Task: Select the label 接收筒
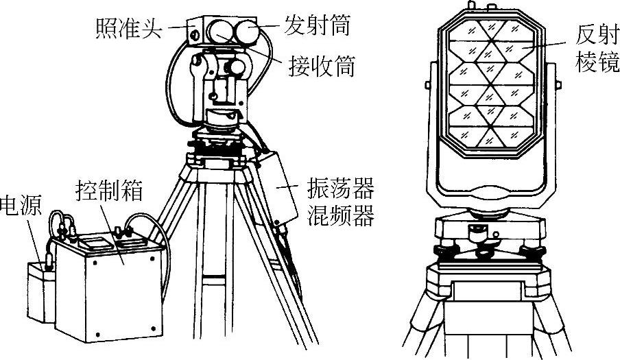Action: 320,66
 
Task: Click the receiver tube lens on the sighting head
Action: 221,32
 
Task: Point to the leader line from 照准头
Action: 180,27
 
